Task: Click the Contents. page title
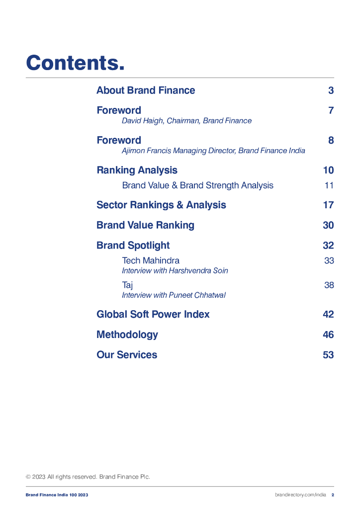tap(75, 63)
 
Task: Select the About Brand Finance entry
tap(146, 90)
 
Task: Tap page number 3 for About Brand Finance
tap(331, 90)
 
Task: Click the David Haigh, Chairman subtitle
tap(186, 121)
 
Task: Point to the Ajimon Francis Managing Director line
tap(213, 151)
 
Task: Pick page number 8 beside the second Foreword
tap(331, 140)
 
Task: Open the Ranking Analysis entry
tap(137, 170)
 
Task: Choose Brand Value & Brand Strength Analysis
tap(197, 185)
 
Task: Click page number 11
tap(329, 185)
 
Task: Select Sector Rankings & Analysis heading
tap(161, 205)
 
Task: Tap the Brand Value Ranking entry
tap(145, 225)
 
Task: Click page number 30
tap(328, 225)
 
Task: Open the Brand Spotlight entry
tap(133, 246)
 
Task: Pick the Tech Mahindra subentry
tap(151, 260)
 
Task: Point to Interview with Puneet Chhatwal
tap(174, 295)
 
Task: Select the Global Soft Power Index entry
tap(153, 315)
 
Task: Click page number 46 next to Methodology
tap(328, 335)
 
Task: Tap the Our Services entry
tap(127, 355)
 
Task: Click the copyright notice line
tap(88, 477)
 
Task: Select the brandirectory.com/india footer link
tap(300, 495)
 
